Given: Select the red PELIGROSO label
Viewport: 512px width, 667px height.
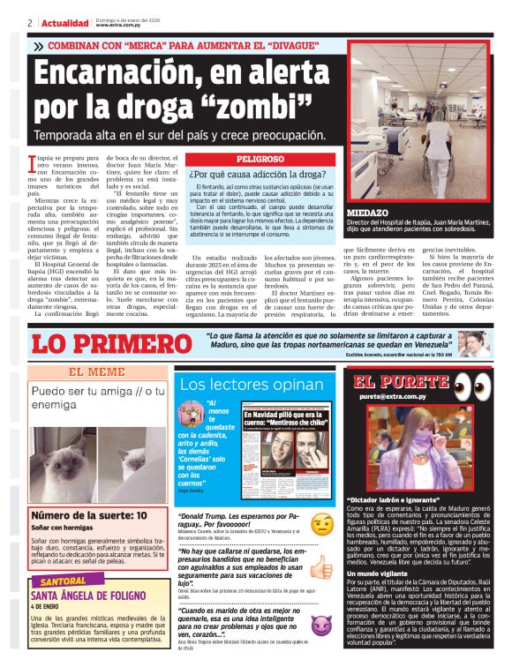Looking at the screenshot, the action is tap(234, 159).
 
